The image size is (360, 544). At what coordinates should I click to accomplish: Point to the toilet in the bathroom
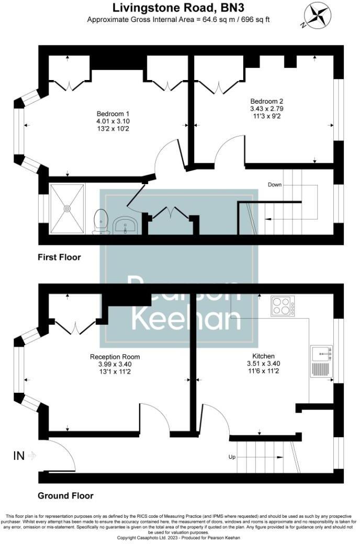[x=100, y=221]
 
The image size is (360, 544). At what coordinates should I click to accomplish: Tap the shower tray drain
[x=67, y=208]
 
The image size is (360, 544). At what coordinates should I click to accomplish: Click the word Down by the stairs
[x=275, y=185]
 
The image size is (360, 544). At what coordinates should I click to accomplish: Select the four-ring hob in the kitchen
[x=283, y=305]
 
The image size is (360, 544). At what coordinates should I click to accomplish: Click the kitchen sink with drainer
[x=320, y=361]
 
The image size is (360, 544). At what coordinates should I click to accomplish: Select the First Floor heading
[x=59, y=257]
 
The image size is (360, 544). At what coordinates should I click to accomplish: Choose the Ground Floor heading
[x=65, y=495]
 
